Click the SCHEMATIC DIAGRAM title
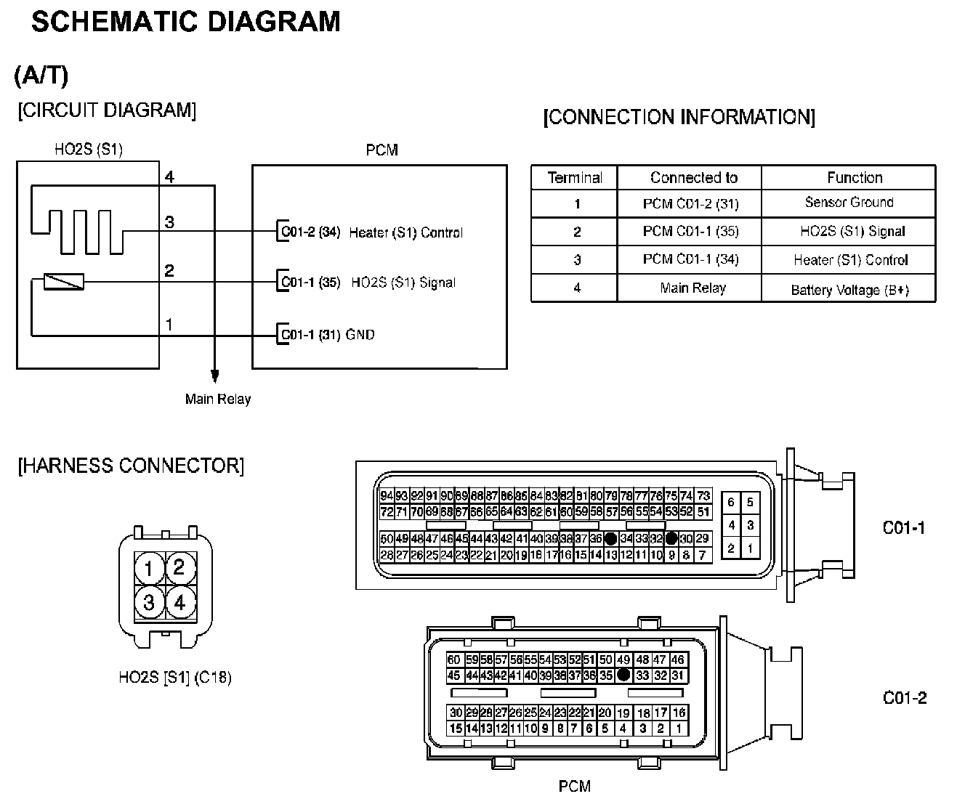tap(186, 22)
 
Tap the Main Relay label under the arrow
tap(218, 399)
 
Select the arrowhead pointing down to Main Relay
tap(214, 375)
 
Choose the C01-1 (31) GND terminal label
tap(328, 335)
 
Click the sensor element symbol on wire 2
tap(64, 281)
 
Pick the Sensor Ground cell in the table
tap(849, 203)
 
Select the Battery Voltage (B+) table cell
tap(849, 290)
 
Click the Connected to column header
tap(693, 178)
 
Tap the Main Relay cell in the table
tap(693, 288)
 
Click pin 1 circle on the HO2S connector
tap(149, 567)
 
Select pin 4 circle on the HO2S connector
tap(179, 602)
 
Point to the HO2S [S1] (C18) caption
tap(174, 678)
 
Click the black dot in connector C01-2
tap(623, 675)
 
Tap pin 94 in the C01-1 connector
tap(387, 496)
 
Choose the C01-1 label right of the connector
tap(904, 527)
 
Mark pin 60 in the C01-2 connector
tap(454, 660)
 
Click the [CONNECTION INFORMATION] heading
tap(679, 118)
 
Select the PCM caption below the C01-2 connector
tap(574, 786)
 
